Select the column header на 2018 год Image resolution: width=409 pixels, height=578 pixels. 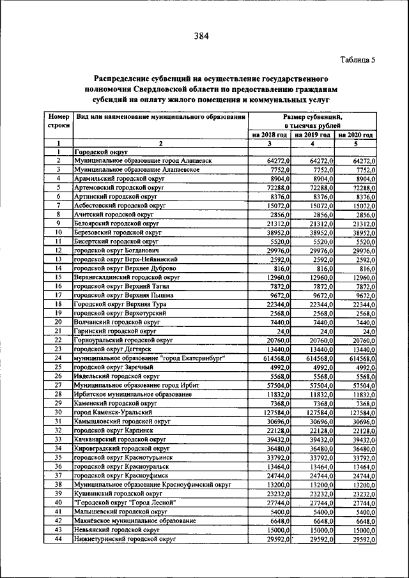[x=268, y=135]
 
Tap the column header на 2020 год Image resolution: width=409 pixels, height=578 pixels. [x=355, y=135]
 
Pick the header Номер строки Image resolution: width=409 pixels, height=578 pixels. [x=58, y=121]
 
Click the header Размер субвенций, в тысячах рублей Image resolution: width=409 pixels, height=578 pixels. [x=312, y=121]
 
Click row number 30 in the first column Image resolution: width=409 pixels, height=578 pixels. [x=58, y=413]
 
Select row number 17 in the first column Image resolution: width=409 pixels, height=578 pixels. [x=58, y=296]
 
